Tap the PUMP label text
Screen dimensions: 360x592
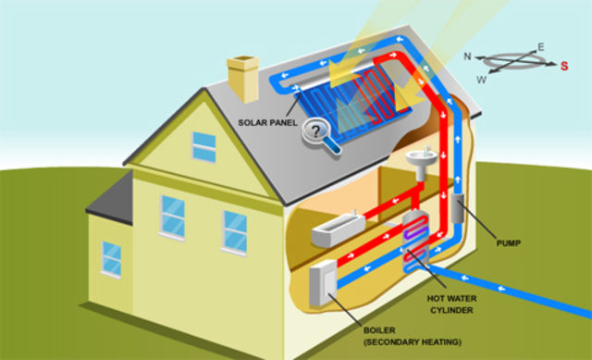508,243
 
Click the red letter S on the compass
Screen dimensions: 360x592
563,65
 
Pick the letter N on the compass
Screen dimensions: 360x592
468,56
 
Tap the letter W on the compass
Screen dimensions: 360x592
481,80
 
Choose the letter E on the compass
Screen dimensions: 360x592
541,46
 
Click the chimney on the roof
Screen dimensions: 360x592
244,78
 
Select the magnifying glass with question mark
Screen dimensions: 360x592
320,134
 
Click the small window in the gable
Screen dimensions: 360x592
203,146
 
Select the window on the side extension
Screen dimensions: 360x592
112,258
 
